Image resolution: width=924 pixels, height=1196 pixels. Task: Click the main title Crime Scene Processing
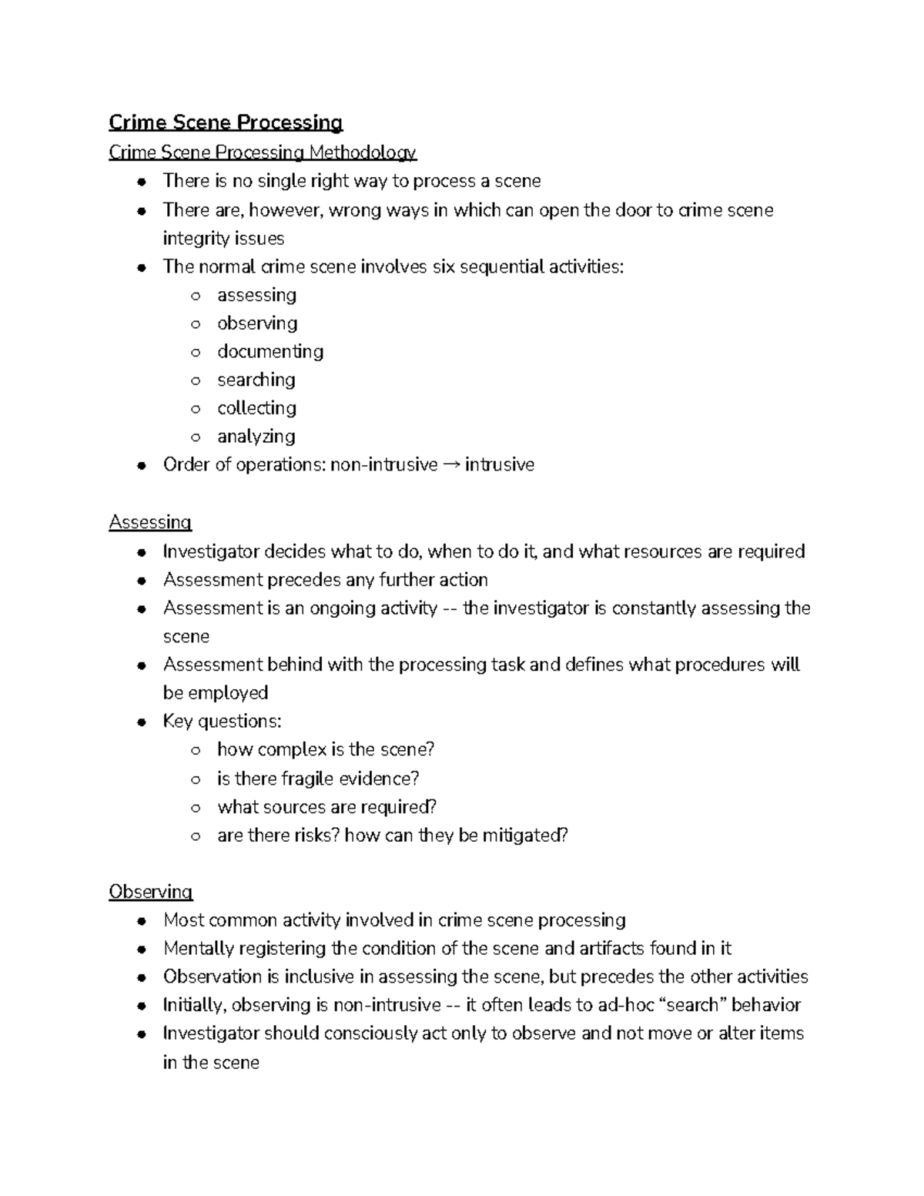point(226,122)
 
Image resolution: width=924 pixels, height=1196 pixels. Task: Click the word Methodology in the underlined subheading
point(363,152)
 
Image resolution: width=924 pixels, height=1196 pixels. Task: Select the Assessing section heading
point(150,522)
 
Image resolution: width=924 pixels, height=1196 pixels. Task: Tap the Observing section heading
point(150,892)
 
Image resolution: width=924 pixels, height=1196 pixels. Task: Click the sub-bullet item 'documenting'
point(269,351)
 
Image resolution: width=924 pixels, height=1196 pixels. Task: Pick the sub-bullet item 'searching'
point(256,380)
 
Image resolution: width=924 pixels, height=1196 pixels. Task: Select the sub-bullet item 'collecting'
point(256,408)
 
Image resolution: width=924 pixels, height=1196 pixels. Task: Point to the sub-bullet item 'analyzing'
point(256,437)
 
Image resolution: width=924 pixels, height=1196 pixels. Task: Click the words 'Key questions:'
point(222,722)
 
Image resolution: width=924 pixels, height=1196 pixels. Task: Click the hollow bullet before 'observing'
point(196,324)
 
